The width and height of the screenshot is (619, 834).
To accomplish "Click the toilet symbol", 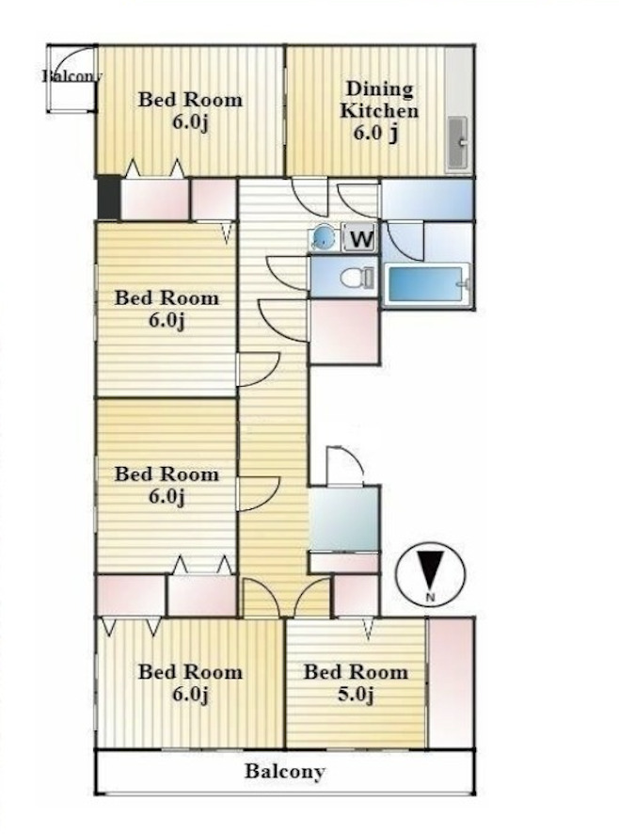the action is pos(357,277).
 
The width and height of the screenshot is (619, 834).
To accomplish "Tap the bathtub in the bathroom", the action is pos(427,285).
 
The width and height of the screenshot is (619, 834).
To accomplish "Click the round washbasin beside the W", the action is pos(323,237).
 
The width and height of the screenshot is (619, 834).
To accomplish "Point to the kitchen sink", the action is pos(457,142).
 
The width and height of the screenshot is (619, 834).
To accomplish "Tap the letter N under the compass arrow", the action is pos(430,597).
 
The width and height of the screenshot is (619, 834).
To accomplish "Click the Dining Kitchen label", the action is pos(378,111).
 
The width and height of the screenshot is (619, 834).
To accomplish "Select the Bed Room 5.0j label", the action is pos(356,683).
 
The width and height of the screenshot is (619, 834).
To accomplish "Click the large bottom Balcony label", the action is pos(284,771).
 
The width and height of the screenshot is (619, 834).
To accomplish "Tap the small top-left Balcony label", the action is pos(71,75).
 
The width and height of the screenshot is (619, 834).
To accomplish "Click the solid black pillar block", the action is pos(108,198).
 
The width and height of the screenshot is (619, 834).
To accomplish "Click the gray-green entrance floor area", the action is pos(344,519).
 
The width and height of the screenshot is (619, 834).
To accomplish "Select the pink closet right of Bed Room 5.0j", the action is pos(451,682).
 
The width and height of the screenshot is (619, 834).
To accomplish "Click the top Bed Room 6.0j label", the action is pos(190,111).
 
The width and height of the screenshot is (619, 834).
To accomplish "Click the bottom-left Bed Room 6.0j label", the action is pos(190,683).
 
